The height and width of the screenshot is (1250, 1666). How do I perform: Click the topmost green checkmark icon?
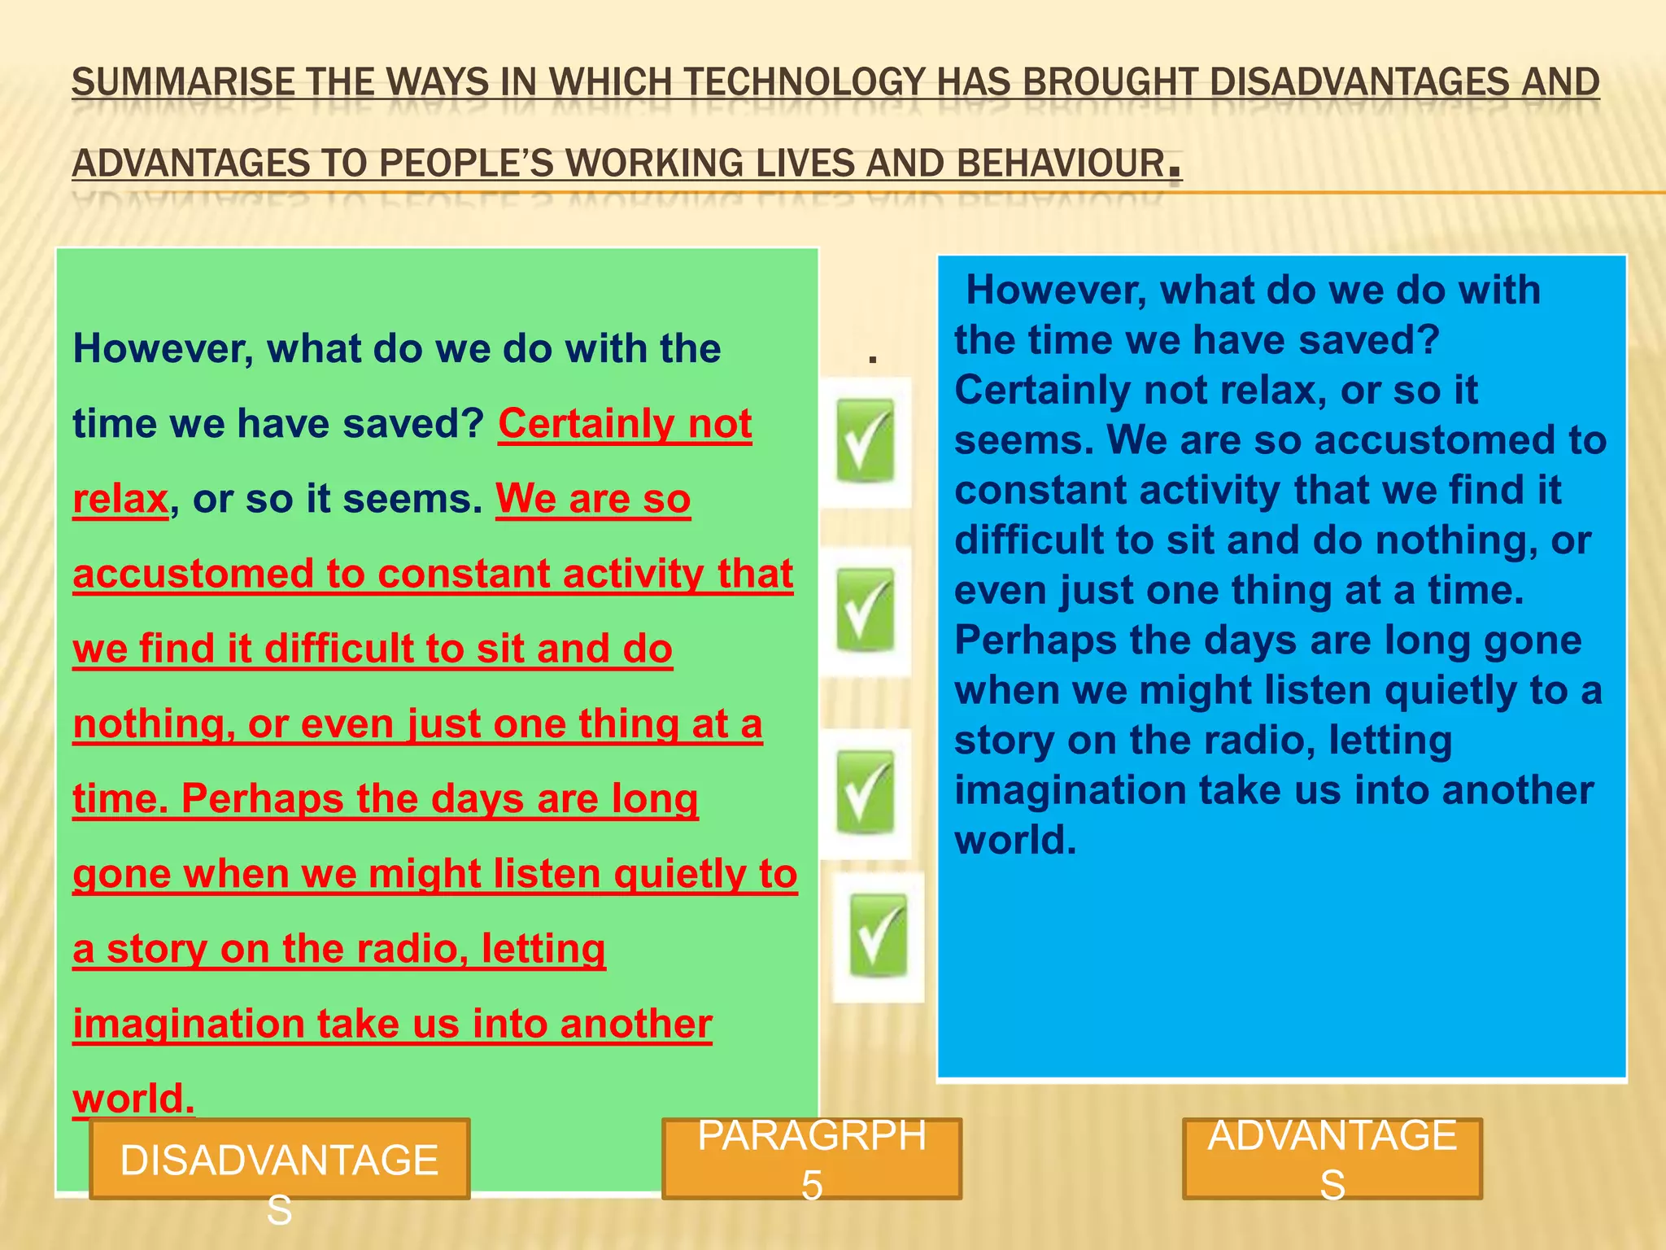tap(866, 441)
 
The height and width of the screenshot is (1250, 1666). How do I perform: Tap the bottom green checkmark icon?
tap(878, 936)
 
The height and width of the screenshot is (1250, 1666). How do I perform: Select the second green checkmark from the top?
tap(866, 610)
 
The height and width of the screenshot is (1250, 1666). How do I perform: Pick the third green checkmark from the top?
tap(866, 791)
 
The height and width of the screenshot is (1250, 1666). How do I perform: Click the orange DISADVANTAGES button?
tap(279, 1159)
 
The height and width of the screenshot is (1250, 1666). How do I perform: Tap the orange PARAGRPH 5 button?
tap(812, 1159)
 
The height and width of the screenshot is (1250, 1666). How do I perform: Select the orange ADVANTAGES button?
tap(1332, 1159)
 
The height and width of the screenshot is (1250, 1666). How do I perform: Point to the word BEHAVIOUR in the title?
tap(1061, 164)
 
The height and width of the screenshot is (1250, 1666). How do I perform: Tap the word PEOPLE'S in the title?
tap(465, 164)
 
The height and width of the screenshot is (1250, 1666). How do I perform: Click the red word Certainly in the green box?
tap(587, 424)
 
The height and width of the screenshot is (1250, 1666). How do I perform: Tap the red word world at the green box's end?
tap(133, 1099)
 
